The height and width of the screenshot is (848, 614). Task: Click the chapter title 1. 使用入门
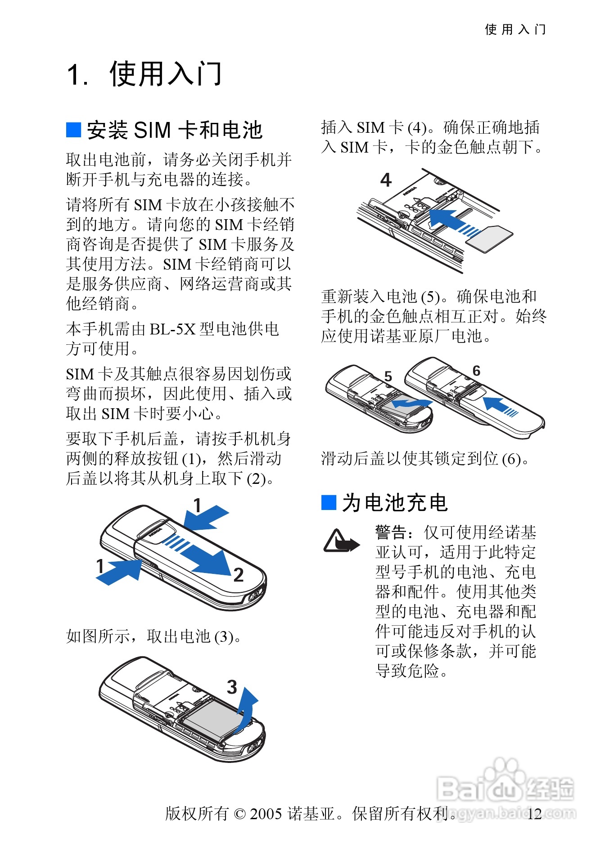[x=144, y=74]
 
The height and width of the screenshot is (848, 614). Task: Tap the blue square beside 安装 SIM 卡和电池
[x=73, y=130]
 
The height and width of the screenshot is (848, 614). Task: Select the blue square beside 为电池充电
[x=329, y=502]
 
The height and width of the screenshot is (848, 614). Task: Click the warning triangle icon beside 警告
[x=341, y=541]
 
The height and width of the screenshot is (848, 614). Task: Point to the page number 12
[x=534, y=814]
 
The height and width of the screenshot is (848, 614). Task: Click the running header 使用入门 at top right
[x=515, y=30]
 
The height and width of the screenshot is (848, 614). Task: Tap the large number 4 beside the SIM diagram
[x=386, y=180]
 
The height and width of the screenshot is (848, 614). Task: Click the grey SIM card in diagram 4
[x=490, y=238]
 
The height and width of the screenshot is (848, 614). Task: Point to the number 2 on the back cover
[x=238, y=575]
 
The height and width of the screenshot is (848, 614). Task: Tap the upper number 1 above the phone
[x=197, y=505]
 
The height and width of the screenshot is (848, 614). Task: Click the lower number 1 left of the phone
[x=100, y=566]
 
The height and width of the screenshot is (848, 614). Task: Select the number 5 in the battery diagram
[x=388, y=376]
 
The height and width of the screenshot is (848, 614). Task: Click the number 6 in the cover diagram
[x=476, y=371]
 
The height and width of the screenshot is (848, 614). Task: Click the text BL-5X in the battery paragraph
[x=172, y=329]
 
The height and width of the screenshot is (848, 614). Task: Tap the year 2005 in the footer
[x=266, y=814]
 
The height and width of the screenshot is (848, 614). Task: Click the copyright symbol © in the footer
[x=240, y=814]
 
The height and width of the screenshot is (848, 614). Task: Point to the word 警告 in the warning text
[x=391, y=532]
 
